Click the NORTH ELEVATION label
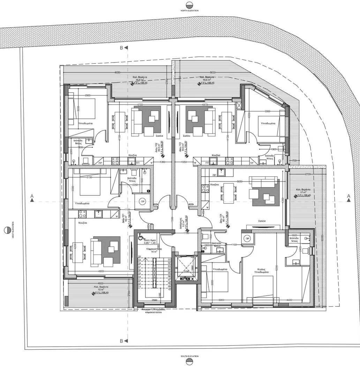(x=189, y=11)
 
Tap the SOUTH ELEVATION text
(x=189, y=356)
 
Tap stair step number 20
(x=139, y=257)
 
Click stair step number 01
(x=170, y=260)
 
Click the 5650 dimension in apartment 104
(x=239, y=182)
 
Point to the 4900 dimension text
(x=101, y=271)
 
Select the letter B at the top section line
(x=121, y=47)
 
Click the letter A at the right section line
(x=348, y=196)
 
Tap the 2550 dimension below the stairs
(x=154, y=300)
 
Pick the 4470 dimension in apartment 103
(x=205, y=104)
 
